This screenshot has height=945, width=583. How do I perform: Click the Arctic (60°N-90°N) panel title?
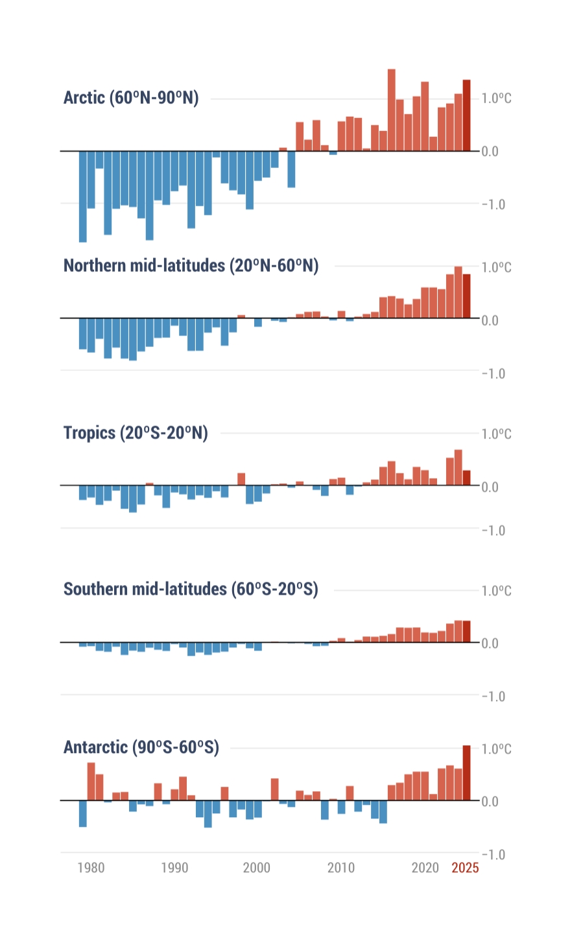[x=131, y=98]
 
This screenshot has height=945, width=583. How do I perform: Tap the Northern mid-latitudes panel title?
[x=191, y=266]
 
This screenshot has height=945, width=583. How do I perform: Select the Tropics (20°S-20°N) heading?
[x=136, y=433]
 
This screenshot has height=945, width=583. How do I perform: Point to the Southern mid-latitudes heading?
[x=191, y=589]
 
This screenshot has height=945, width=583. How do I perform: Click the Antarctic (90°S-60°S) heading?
[x=141, y=747]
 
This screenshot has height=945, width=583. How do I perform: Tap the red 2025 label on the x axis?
[x=465, y=868]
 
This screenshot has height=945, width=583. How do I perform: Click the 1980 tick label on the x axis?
[x=91, y=868]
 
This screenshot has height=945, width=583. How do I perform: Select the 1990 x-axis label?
[x=174, y=868]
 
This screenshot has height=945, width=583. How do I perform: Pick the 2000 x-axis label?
[x=257, y=868]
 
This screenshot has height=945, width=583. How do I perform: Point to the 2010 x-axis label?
[x=341, y=868]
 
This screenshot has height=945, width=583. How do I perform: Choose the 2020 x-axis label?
[x=425, y=868]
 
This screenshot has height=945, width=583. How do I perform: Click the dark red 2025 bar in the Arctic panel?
[x=466, y=115]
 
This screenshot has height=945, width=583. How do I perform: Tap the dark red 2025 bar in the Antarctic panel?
[x=466, y=773]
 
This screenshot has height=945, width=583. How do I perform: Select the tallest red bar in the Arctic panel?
[x=392, y=110]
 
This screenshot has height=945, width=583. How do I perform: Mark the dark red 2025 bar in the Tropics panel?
[x=466, y=478]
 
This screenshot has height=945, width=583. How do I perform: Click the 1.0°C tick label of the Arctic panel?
[x=496, y=99]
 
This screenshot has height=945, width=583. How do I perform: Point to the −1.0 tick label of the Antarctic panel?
[x=494, y=854]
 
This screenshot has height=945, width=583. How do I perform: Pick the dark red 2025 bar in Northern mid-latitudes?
[x=466, y=296]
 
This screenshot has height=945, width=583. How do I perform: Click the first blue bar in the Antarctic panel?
[x=83, y=813]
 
